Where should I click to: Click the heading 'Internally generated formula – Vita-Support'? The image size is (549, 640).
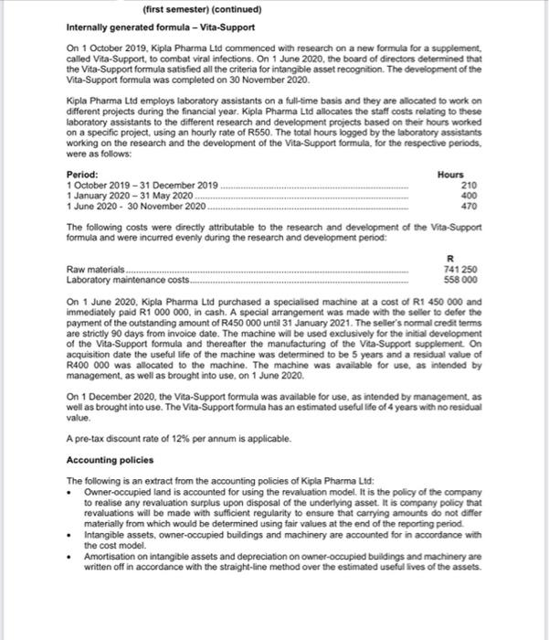click(162, 27)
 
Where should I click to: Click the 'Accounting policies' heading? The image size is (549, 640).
click(110, 460)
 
